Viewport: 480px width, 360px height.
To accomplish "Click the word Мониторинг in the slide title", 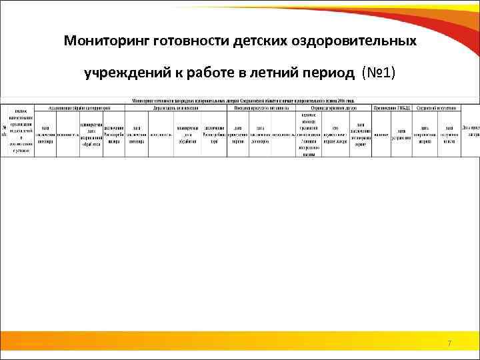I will coord(106,41).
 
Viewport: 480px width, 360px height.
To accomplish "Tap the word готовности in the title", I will coord(191,41).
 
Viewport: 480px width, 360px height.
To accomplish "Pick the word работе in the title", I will coord(205,72).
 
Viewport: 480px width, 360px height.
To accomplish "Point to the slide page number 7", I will coord(449,343).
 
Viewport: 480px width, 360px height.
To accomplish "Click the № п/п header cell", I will coord(5,130).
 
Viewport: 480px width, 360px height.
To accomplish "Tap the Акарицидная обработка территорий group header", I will coord(81,107).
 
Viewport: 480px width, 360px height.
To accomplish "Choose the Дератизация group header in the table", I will coord(176,107).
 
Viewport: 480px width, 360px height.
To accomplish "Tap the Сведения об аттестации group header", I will coord(437,107).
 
